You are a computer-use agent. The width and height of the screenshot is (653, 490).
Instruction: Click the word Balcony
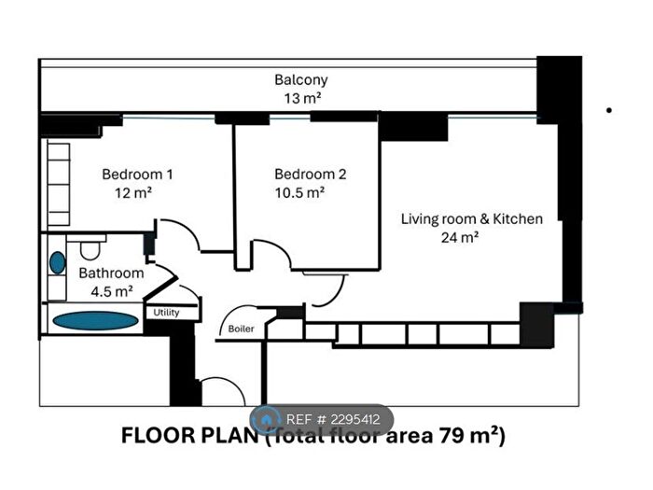(x=300, y=80)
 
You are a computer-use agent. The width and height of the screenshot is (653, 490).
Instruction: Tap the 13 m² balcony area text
(x=300, y=98)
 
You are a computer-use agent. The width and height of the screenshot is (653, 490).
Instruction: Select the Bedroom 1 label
(x=137, y=174)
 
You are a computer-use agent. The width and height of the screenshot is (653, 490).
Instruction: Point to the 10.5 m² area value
(x=299, y=192)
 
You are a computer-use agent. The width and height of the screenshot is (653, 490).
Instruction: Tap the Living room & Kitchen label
(x=471, y=219)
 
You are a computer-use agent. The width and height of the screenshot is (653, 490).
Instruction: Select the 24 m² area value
(x=460, y=237)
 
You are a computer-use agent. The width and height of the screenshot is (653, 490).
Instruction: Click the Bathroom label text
(x=111, y=273)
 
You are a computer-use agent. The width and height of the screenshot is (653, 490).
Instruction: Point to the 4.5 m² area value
(x=111, y=290)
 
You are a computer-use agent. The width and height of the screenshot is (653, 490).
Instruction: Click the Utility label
(x=167, y=313)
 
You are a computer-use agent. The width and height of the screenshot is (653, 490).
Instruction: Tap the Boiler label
(x=241, y=329)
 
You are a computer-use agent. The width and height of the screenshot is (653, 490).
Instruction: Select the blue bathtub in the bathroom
(x=95, y=320)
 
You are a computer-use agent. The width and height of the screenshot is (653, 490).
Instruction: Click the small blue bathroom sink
(x=58, y=263)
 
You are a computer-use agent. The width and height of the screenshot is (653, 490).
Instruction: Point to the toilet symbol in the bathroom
(x=90, y=249)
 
